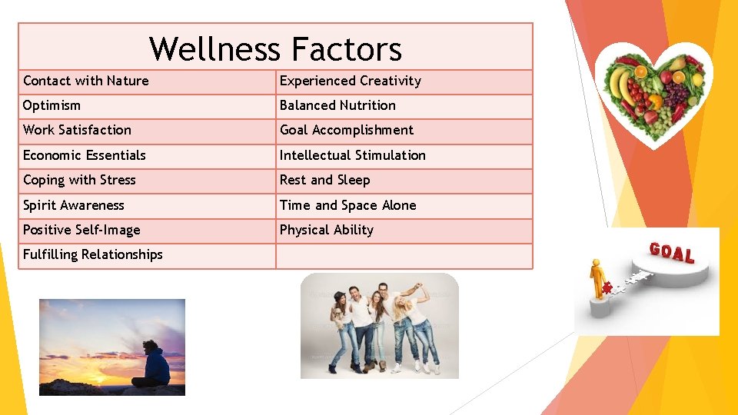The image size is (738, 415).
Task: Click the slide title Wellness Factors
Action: pos(275,49)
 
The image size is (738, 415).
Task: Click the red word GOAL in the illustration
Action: pos(671,253)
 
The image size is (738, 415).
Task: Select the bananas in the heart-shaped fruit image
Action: pos(619,85)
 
